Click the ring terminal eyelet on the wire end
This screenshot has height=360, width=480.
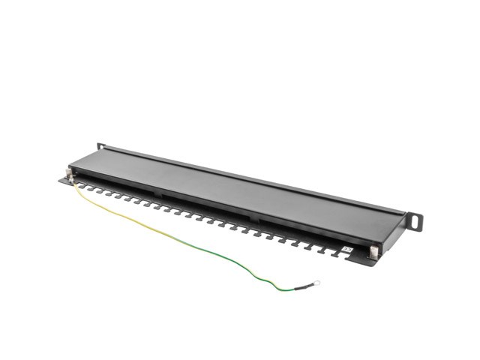pyautogui.click(x=316, y=283)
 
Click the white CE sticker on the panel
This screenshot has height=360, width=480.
pyautogui.click(x=346, y=249)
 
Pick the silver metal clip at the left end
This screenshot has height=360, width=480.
pyautogui.click(x=70, y=174)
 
